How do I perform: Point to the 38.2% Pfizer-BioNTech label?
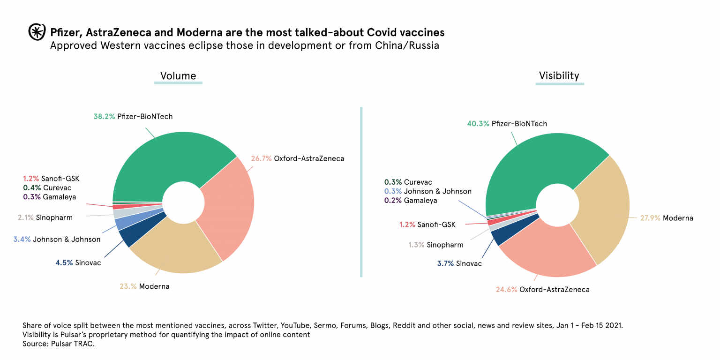133,116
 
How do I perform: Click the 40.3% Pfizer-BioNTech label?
507,124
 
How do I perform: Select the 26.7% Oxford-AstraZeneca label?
297,158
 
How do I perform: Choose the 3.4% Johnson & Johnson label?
57,239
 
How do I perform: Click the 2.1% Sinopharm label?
45,217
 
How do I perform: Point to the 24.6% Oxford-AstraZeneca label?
542,289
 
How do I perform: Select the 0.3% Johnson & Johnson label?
427,191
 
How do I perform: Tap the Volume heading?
178,76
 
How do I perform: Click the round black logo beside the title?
36,32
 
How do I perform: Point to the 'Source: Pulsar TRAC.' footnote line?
59,344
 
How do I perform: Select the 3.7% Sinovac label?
459,263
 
